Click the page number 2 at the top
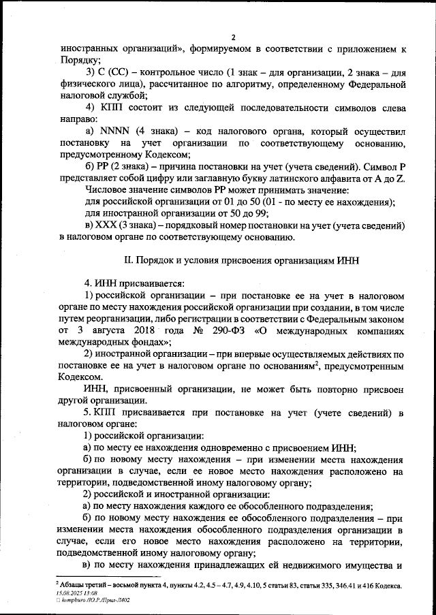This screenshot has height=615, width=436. (x=232, y=37)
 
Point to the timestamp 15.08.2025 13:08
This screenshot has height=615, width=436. (x=76, y=593)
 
